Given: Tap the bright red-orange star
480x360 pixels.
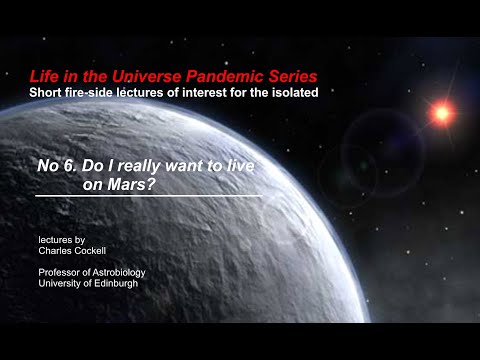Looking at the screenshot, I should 441,113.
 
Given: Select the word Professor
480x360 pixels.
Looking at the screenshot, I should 61,273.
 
